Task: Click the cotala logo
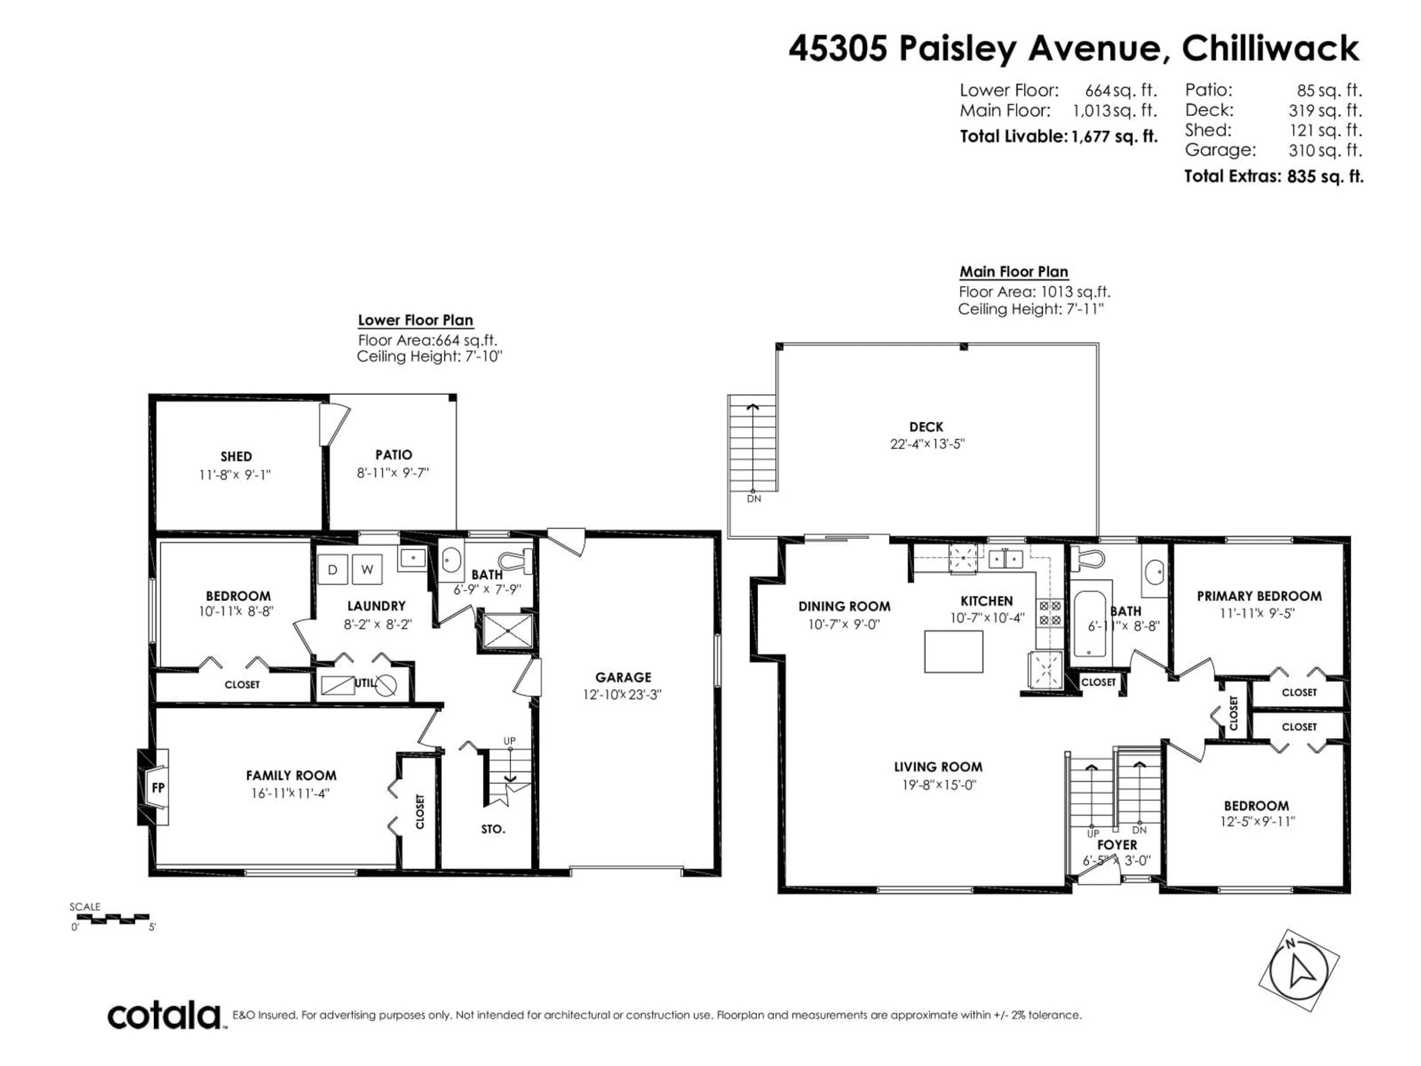164,1016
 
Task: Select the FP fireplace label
158,788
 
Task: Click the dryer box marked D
333,569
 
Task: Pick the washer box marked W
367,569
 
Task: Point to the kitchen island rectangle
953,651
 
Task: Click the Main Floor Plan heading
1014,272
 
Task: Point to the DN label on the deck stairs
754,499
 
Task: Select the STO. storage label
493,829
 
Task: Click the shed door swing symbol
335,424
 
